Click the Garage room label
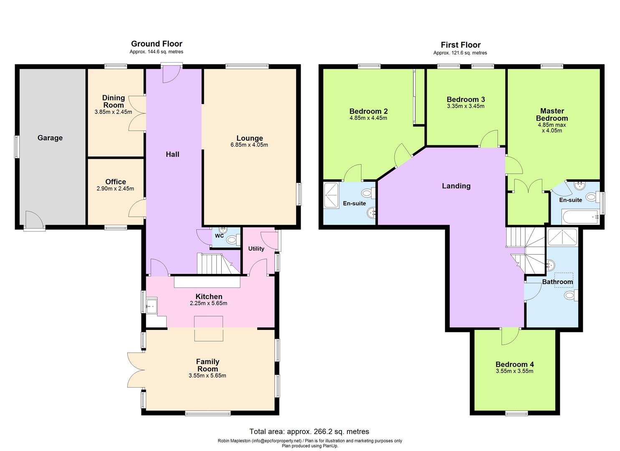(50, 138)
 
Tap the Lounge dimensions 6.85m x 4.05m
(249, 145)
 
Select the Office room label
(115, 182)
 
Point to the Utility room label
(256, 248)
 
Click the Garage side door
(33, 220)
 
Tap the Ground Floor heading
(157, 43)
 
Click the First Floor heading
(461, 45)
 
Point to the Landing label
(456, 186)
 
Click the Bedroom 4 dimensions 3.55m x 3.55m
(514, 371)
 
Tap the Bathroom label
(557, 282)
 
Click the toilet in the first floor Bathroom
(571, 296)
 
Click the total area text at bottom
(309, 431)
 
